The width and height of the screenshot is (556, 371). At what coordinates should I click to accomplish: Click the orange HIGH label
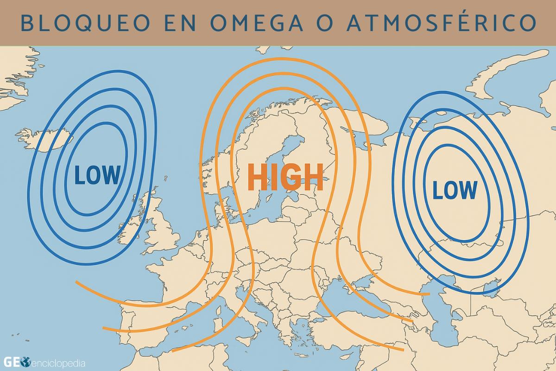click(285, 178)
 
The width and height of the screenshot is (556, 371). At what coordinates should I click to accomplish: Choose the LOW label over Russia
click(454, 190)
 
